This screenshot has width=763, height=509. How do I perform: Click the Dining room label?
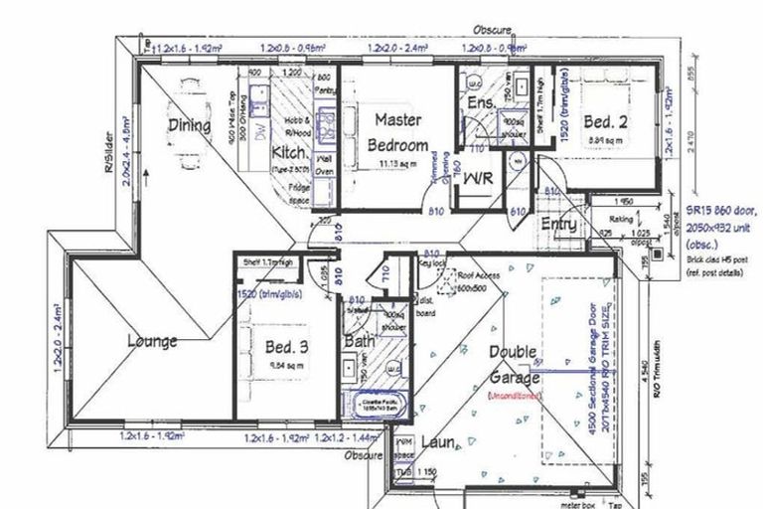coord(188,125)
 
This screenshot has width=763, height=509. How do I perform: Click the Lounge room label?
coord(152,341)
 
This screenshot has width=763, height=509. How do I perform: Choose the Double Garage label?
coord(514,365)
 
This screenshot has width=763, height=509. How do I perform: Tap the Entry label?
coord(558,225)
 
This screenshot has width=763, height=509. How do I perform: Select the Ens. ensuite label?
coord(482,102)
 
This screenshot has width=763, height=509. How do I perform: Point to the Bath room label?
coord(359,343)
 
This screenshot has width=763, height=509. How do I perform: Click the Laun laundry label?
coord(438,440)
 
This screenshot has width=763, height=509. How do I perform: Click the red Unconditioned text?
coord(514,396)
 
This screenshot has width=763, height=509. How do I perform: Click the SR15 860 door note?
coord(722,211)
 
